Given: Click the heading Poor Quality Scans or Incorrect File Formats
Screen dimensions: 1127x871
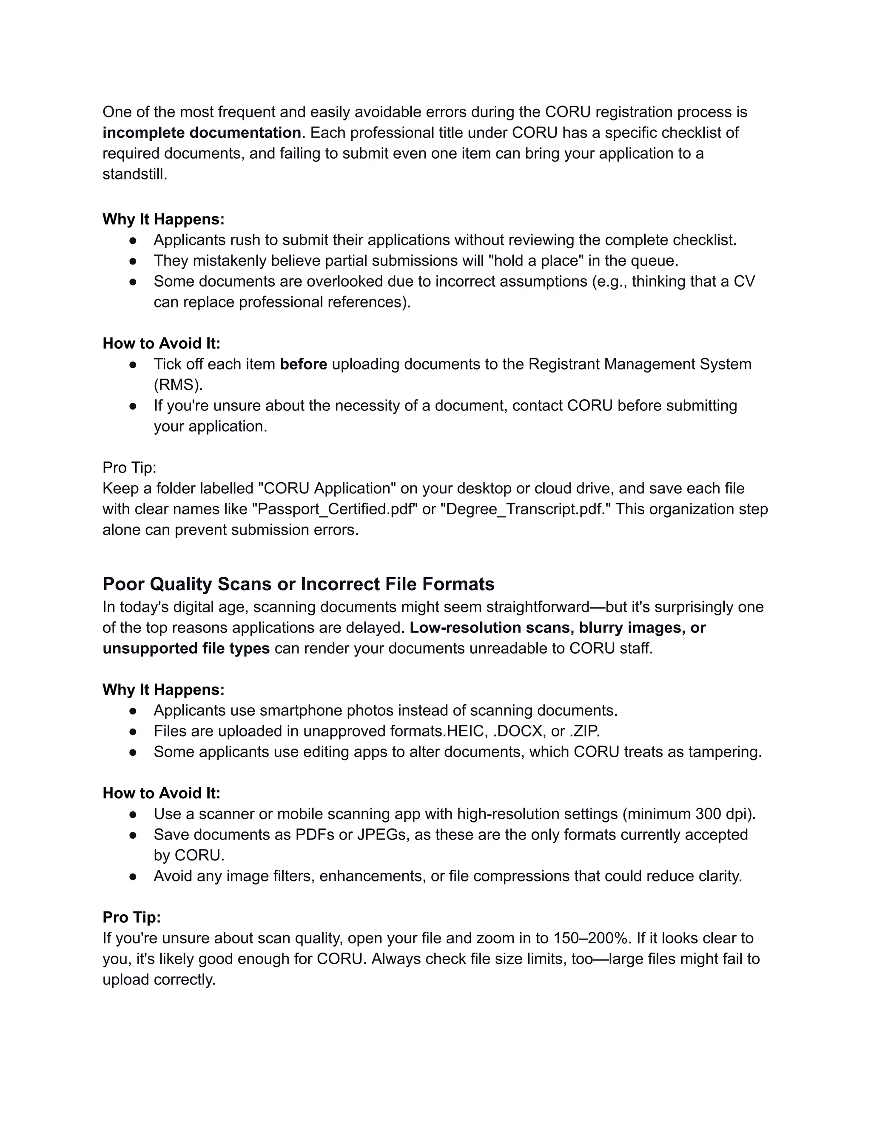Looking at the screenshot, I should click(298, 584).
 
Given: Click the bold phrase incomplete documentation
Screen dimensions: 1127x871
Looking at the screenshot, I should click(202, 133).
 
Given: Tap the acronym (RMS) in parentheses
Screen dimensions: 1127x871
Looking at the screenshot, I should click(178, 385).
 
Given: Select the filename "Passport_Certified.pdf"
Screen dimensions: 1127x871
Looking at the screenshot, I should click(334, 509).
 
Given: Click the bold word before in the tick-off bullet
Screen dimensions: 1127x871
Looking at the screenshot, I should click(303, 364).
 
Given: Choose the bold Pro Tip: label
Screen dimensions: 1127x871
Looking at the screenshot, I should click(131, 917).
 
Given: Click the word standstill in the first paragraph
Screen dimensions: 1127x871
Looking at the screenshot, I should click(135, 174).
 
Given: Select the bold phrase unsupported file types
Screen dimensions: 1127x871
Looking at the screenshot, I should click(186, 649).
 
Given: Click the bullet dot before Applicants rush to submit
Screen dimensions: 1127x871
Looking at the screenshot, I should click(133, 240).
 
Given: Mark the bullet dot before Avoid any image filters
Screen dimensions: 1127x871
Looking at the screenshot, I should click(133, 876).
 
